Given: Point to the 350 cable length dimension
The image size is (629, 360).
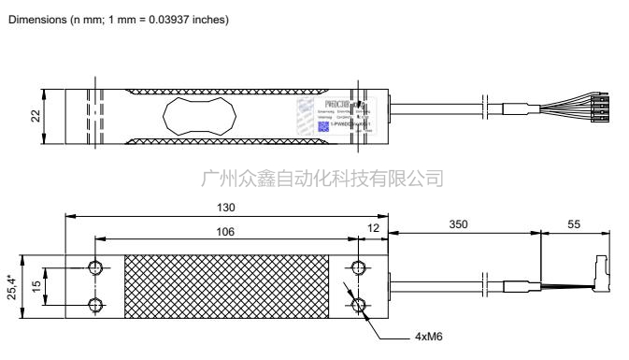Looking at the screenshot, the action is (x=457, y=225).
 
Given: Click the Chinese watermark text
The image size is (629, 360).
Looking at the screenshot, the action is (x=322, y=178).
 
